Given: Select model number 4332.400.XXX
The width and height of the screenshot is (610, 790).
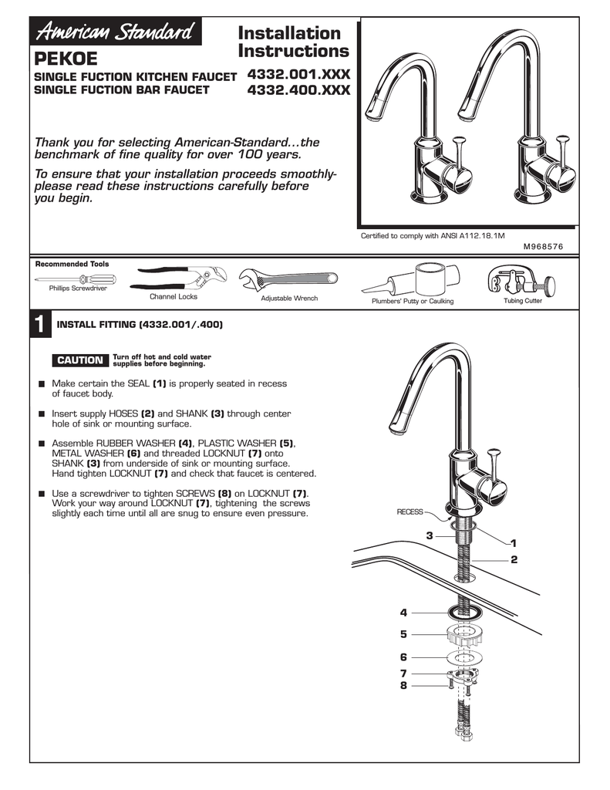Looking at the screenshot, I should pos(298,91).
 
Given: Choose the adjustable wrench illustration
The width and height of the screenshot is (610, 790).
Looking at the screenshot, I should pos(287,280).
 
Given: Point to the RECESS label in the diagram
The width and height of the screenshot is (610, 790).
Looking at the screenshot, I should pos(409,511).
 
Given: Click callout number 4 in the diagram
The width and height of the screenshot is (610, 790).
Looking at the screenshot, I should pos(403,613).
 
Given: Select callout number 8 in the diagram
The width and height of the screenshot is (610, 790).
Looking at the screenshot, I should pos(403,684).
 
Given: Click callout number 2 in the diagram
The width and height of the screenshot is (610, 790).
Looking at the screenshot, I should pos(513,559).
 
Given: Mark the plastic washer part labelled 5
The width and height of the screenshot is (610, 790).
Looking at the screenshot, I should pos(464,636).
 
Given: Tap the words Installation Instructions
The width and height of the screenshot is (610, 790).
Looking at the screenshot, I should pos(293,42).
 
